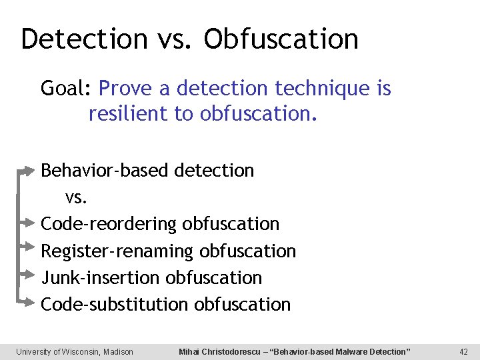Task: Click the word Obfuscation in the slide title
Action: pyautogui.click(x=281, y=39)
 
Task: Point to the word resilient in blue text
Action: pyautogui.click(x=129, y=114)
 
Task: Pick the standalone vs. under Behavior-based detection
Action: pyautogui.click(x=77, y=197)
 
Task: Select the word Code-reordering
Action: pyautogui.click(x=109, y=224)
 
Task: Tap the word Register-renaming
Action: pyautogui.click(x=117, y=251)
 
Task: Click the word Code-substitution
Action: pyautogui.click(x=115, y=305)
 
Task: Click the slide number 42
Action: pyautogui.click(x=464, y=351)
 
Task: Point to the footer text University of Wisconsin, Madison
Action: pyautogui.click(x=75, y=351)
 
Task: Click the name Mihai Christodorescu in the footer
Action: pyautogui.click(x=222, y=351)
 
